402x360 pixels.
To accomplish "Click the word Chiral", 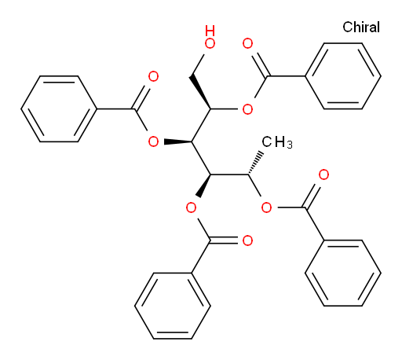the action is pyautogui.click(x=361, y=28).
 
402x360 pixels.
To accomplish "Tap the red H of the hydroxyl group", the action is pyautogui.click(x=210, y=31).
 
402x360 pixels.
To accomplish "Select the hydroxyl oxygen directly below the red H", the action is pyautogui.click(x=210, y=43).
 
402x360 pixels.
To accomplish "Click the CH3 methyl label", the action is pyautogui.click(x=277, y=142).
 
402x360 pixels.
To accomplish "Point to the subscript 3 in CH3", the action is pyautogui.click(x=290, y=145).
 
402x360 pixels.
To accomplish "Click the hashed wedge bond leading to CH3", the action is pyautogui.click(x=254, y=163).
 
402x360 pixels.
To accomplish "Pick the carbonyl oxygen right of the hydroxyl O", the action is pyautogui.click(x=247, y=43).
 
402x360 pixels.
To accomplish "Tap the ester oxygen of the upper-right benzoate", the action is pyautogui.click(x=247, y=109).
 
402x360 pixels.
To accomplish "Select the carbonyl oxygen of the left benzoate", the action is pyautogui.click(x=153, y=76).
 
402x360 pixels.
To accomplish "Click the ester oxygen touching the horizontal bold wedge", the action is pyautogui.click(x=153, y=142).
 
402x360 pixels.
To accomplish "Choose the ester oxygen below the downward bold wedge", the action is pyautogui.click(x=191, y=208).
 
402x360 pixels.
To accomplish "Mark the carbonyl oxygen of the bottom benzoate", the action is pyautogui.click(x=247, y=241).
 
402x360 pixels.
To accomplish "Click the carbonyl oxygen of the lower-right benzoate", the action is pyautogui.click(x=323, y=174).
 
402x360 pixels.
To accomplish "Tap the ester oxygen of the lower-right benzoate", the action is pyautogui.click(x=266, y=208).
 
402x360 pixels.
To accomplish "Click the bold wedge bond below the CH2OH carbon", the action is pyautogui.click(x=200, y=92).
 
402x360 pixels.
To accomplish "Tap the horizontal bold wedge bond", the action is pyautogui.click(x=178, y=142).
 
